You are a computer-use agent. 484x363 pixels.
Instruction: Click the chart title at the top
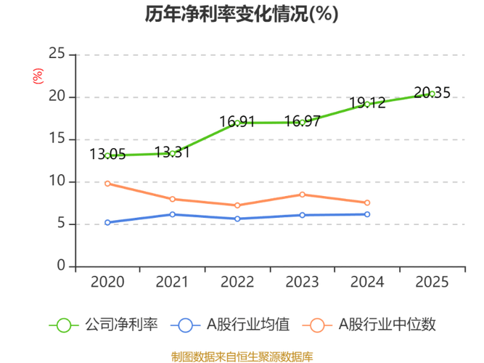click(242, 15)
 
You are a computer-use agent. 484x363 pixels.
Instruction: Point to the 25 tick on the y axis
click(57, 53)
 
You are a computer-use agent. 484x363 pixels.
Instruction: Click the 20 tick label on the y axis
click(57, 96)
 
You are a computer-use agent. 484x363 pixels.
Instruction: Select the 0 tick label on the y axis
click(62, 266)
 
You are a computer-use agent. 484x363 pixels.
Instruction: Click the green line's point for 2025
click(432, 92)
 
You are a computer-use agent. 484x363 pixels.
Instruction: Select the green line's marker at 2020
click(107, 154)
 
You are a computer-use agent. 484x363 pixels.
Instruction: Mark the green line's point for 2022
click(237, 122)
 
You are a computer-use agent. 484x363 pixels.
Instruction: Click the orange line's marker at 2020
click(107, 184)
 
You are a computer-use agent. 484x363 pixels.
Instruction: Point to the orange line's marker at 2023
click(303, 194)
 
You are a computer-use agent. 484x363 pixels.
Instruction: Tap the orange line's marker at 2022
click(237, 205)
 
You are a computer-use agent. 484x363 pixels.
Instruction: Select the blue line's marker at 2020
click(107, 222)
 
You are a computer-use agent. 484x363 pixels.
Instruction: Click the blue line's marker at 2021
click(173, 214)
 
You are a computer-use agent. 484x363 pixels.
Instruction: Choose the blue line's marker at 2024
click(368, 214)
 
